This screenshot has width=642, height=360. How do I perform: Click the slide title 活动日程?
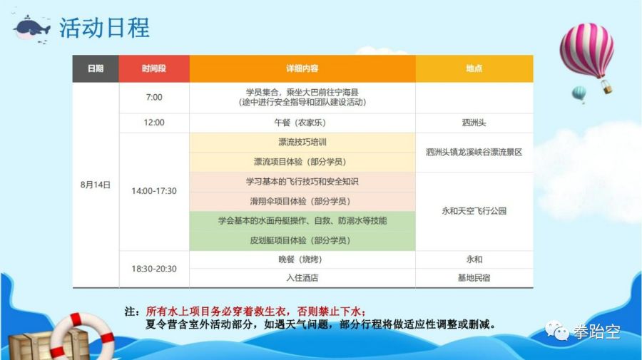104,28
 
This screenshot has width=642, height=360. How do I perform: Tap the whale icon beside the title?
32,29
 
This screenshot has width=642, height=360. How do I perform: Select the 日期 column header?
96,68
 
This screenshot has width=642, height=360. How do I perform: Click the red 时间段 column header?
154,68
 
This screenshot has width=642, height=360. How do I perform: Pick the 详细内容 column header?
302,68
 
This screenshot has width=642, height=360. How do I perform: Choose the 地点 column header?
474,68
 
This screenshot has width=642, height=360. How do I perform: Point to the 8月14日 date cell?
96,185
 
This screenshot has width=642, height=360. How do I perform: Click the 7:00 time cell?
154,98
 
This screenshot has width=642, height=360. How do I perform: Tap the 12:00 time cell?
154,123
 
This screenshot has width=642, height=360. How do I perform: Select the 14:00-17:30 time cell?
154,191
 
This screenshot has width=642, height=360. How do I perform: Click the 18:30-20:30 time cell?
154,269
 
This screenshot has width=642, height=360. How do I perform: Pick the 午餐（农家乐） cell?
302,123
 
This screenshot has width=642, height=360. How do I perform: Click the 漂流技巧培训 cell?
302,143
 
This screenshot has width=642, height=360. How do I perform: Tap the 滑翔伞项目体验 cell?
302,201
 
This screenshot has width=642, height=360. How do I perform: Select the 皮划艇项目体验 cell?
302,240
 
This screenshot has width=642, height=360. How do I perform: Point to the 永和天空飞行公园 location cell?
474,211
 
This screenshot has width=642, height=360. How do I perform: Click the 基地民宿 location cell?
474,278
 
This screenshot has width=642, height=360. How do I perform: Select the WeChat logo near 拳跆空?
557,331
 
